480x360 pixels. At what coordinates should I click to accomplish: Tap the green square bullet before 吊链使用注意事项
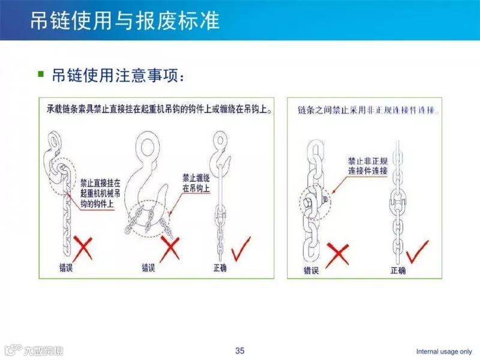click(41, 74)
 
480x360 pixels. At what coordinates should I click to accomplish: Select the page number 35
click(240, 350)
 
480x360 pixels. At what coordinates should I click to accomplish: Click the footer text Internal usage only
click(444, 351)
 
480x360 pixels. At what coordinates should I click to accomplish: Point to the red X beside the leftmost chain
click(84, 247)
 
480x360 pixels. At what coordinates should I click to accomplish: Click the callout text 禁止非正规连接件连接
click(367, 166)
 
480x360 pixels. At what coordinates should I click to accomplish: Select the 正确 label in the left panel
click(220, 268)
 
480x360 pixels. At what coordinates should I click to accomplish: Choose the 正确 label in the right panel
click(398, 271)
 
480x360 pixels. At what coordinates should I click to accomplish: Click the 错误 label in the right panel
click(311, 271)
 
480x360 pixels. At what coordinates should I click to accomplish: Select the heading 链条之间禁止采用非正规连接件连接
click(368, 111)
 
